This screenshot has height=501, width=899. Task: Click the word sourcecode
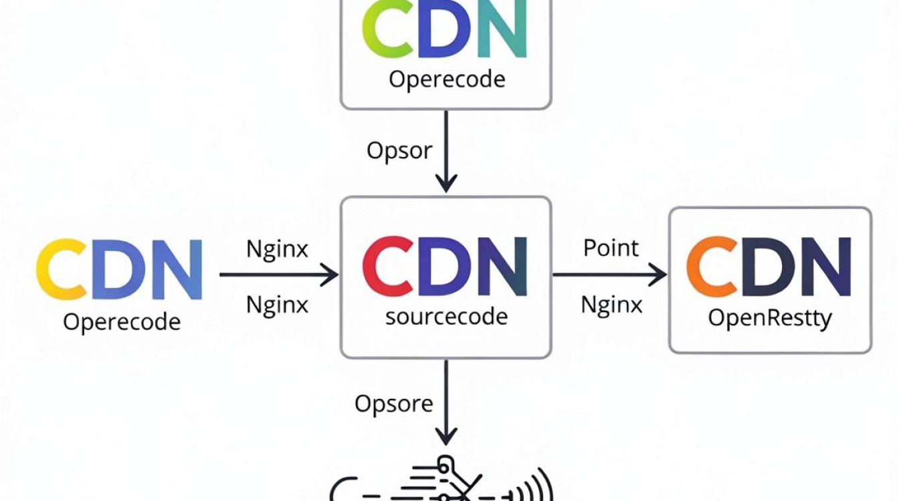click(x=446, y=317)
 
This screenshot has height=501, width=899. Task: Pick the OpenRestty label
click(x=770, y=319)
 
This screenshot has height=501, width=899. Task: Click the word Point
click(x=611, y=248)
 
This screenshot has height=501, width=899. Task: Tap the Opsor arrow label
click(x=399, y=152)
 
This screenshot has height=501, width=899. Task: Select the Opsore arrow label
click(x=394, y=404)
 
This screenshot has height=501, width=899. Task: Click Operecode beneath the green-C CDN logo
click(x=447, y=79)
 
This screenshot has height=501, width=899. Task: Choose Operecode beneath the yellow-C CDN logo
click(x=122, y=322)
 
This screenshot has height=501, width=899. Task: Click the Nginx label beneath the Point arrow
click(x=611, y=305)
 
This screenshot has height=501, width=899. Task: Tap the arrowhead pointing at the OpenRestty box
click(x=659, y=275)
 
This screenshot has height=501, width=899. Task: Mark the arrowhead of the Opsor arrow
click(x=446, y=184)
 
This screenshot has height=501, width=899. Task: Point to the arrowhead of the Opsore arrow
click(x=446, y=436)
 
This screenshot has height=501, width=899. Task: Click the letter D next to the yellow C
click(x=118, y=269)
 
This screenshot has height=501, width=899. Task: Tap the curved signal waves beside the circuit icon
click(x=538, y=485)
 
